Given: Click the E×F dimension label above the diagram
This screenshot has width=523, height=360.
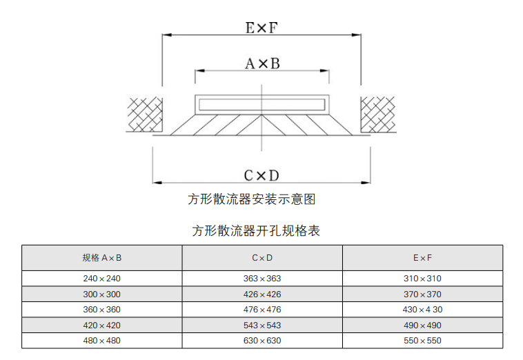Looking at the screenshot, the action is [x=261, y=28].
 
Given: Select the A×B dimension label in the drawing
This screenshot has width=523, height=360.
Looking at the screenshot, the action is [x=262, y=63].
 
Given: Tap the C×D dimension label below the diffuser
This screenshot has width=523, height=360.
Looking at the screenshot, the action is [x=261, y=176].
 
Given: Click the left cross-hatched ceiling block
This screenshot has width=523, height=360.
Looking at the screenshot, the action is [x=145, y=114].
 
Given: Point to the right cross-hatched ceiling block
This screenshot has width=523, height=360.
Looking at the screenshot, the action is [x=378, y=114].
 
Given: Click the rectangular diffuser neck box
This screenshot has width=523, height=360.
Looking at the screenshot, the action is [x=261, y=105].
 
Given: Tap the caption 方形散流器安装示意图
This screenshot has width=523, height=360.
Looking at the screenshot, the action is [x=251, y=199].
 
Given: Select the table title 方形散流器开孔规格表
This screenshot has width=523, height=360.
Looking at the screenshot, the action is [x=256, y=230].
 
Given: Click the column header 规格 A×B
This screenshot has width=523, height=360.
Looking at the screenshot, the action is [x=102, y=258].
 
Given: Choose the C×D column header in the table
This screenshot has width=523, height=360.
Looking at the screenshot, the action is [x=262, y=258].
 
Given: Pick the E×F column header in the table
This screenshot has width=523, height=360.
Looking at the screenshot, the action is [x=422, y=258].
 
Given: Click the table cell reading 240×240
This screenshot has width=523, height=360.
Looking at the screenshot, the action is [x=101, y=279].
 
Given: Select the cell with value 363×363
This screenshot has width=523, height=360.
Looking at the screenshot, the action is [x=262, y=279].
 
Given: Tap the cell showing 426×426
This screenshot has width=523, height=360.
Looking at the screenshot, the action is [x=262, y=294].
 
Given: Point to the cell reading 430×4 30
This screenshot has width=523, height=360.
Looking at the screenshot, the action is [x=422, y=310].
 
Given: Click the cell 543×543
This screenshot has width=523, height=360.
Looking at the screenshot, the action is [x=262, y=326].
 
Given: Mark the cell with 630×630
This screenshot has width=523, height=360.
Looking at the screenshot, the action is [x=262, y=341].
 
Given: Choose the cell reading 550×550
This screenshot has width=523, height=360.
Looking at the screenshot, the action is [x=422, y=341].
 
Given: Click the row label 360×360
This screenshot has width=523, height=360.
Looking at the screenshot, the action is [x=101, y=310].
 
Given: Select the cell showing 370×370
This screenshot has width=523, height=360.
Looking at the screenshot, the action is [x=422, y=294].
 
